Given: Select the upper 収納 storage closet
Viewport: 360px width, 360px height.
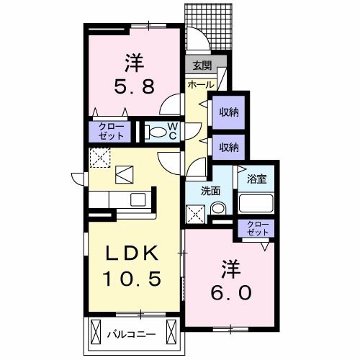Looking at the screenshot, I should click(x=228, y=112).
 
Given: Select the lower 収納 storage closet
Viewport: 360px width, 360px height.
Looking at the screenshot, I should click(x=228, y=147).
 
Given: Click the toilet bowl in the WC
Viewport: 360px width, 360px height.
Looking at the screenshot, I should click(x=155, y=132).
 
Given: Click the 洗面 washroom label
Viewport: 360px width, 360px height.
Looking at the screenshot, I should click(x=210, y=192).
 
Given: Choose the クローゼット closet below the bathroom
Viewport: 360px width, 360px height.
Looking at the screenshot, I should click(x=256, y=230).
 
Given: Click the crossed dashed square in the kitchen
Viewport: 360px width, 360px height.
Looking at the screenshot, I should click(x=99, y=156).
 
